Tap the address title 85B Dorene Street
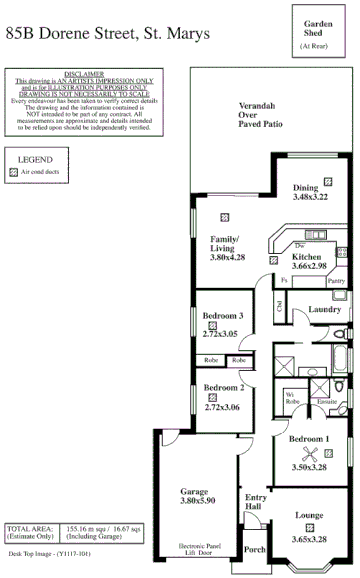pyautogui.click(x=108, y=34)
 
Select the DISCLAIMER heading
pyautogui.click(x=89, y=74)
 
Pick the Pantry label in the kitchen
pyautogui.click(x=336, y=281)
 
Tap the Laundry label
pyautogui.click(x=325, y=308)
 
